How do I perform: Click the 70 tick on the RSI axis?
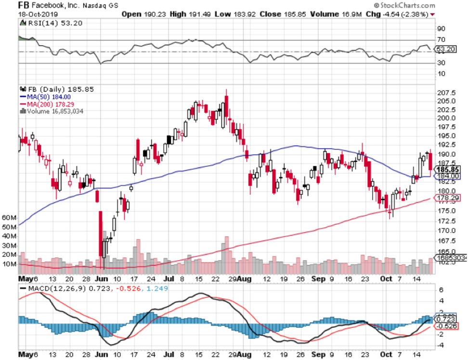point(440,40)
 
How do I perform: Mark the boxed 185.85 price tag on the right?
point(448,170)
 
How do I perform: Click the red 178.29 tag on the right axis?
point(448,198)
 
